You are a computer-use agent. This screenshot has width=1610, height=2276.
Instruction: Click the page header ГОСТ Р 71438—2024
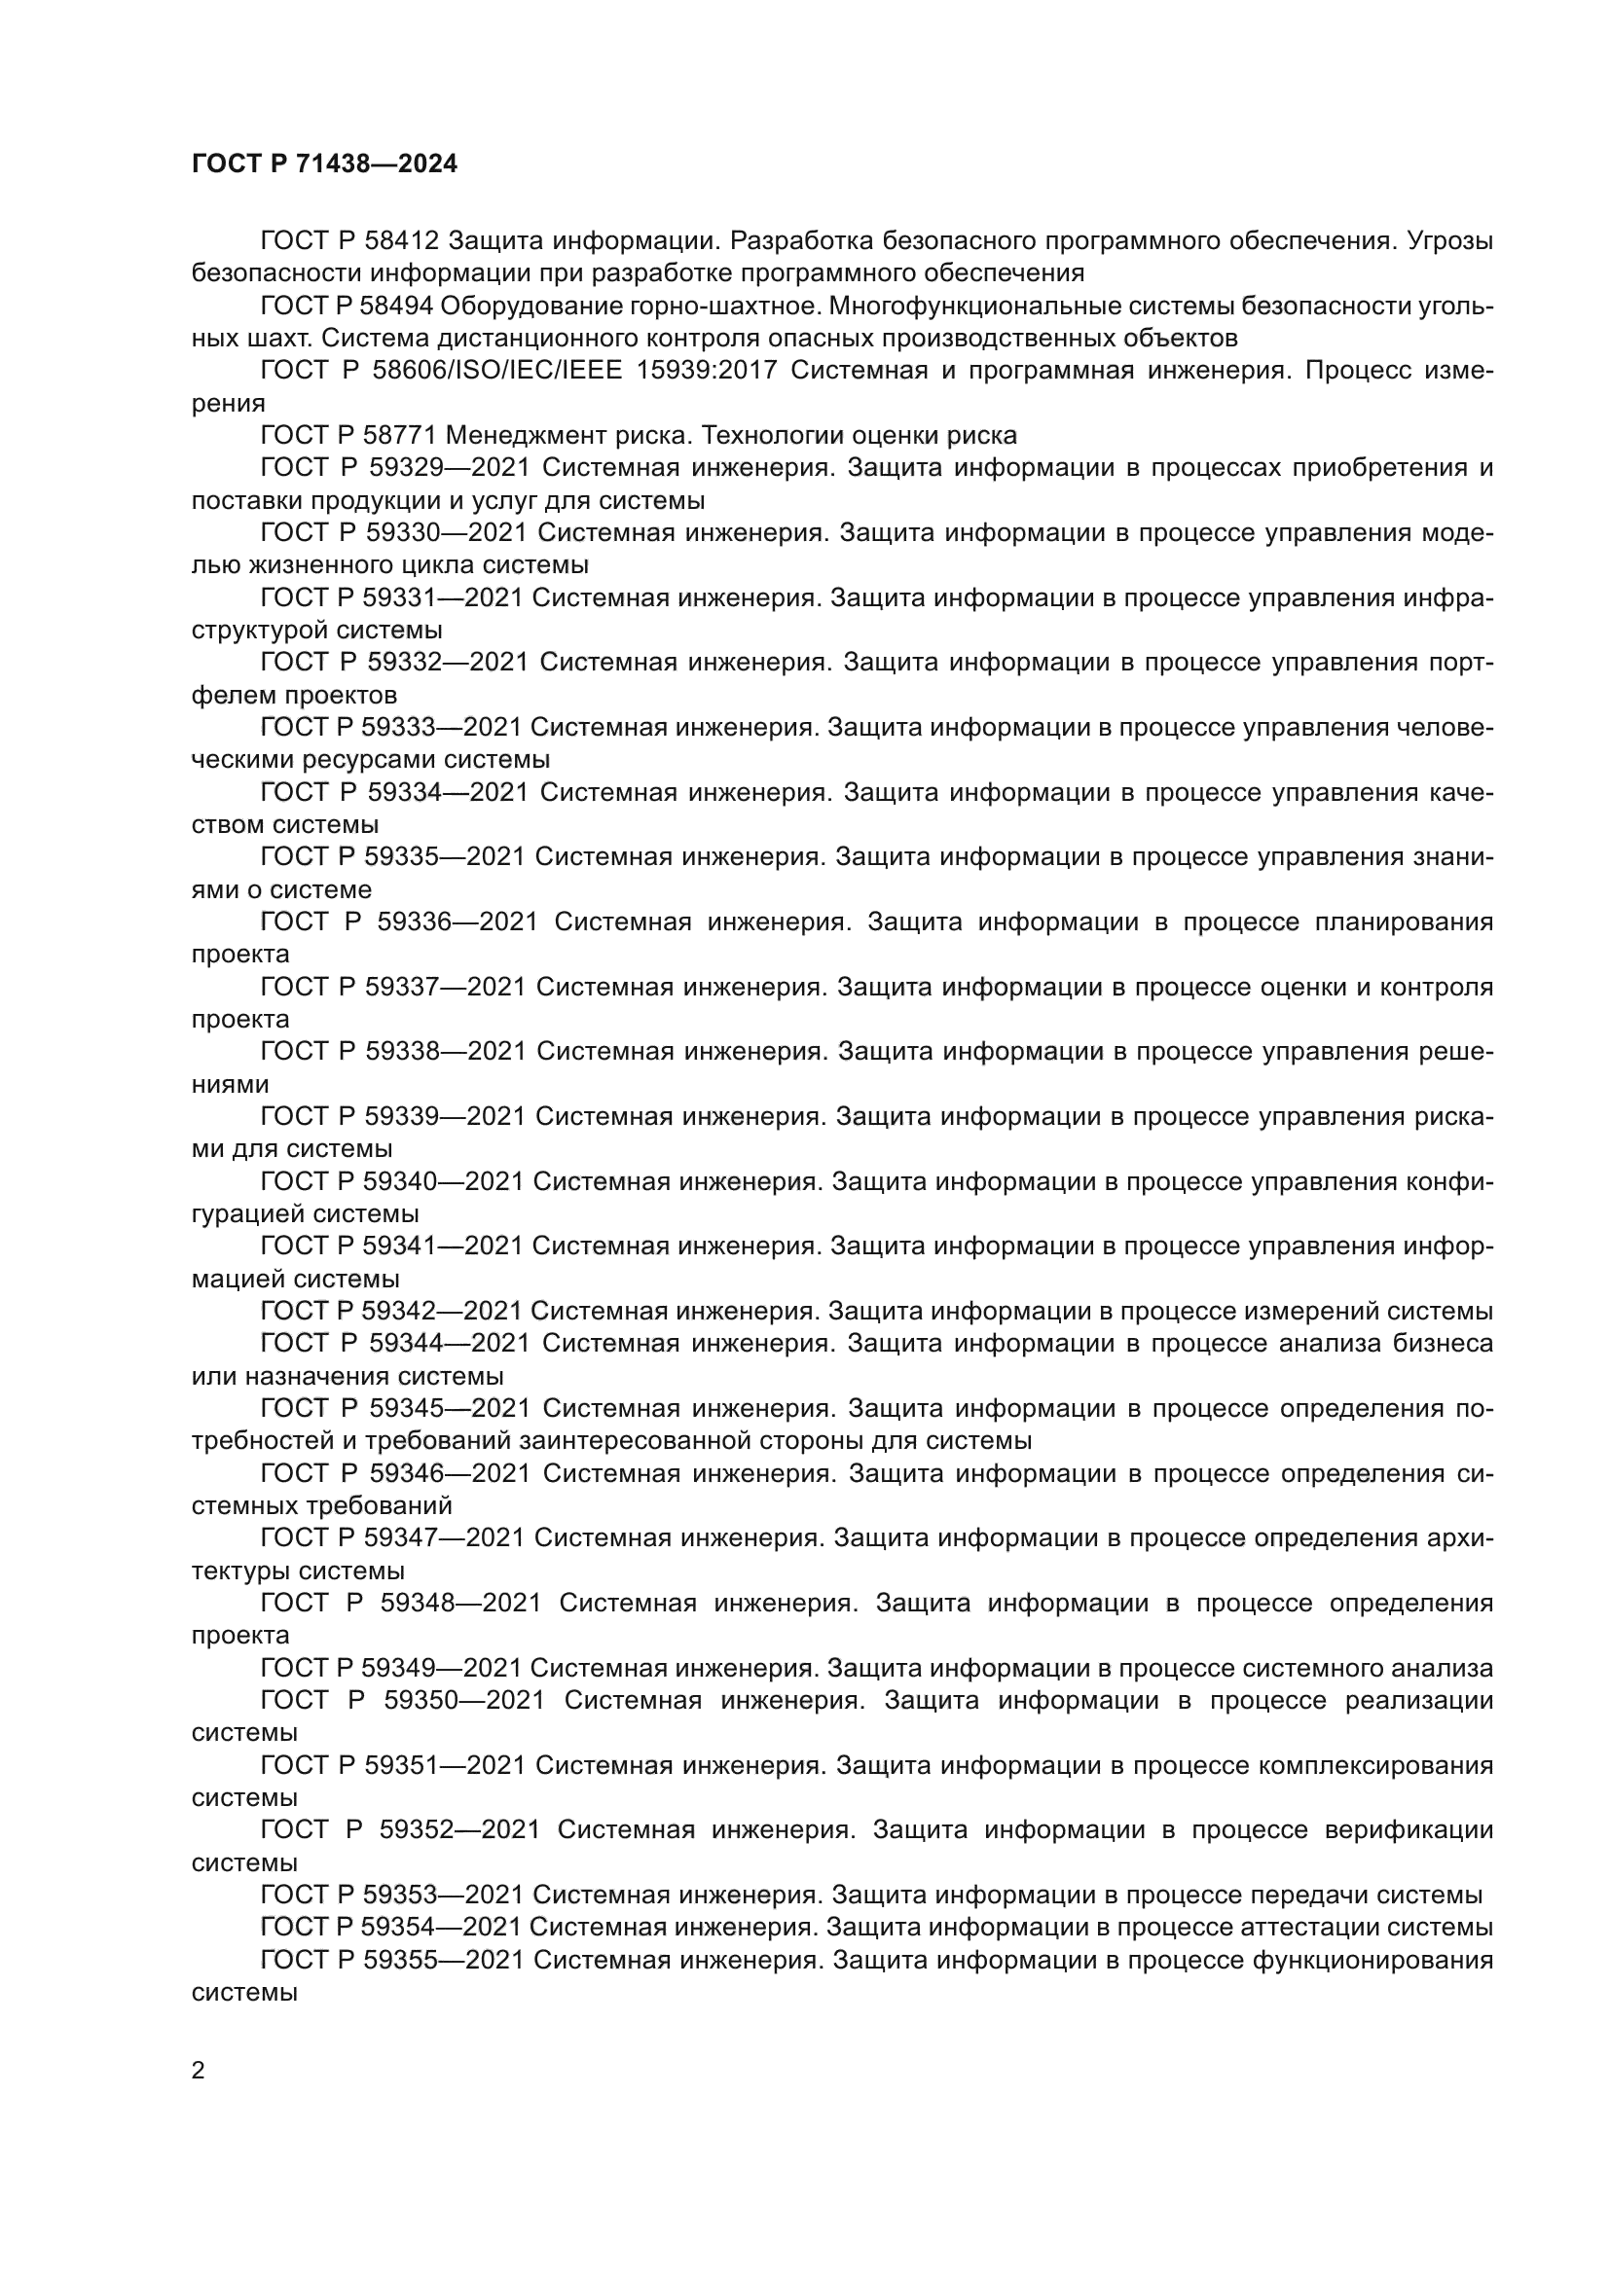point(324,164)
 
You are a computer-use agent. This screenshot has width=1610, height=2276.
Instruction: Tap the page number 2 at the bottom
point(199,2071)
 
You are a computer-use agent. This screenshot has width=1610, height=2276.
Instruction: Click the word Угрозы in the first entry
point(1450,241)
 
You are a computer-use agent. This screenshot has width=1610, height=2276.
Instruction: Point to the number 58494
point(398,307)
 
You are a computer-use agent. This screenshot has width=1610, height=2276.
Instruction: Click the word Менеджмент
point(534,435)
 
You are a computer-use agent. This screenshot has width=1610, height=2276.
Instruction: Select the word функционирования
point(1373,1960)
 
